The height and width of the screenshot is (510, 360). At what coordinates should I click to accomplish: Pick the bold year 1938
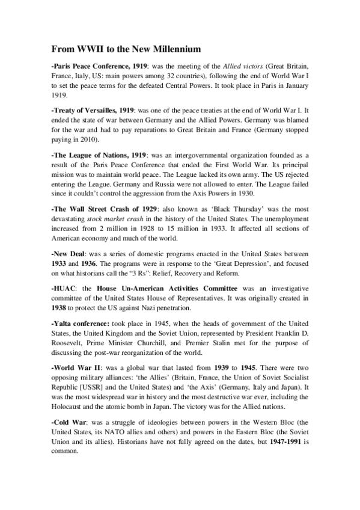(x=60, y=309)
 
